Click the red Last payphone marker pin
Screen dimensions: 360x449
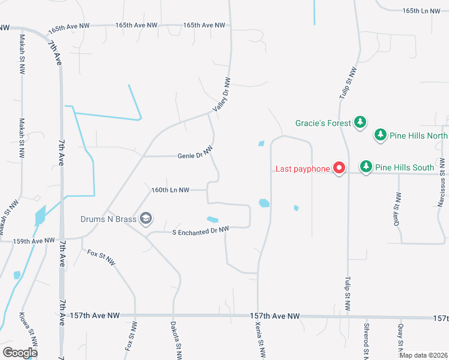click(x=339, y=169)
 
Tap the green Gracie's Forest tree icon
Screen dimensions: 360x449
click(x=360, y=123)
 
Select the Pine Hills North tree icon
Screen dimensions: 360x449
click(x=380, y=135)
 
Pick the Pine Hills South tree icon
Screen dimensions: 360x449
click(x=366, y=166)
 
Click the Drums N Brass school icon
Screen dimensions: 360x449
click(x=146, y=219)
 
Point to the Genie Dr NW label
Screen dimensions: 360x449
click(x=195, y=155)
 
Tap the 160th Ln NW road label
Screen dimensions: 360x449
click(x=170, y=190)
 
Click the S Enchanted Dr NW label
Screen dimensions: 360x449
click(x=201, y=230)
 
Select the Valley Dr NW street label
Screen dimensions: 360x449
click(x=221, y=95)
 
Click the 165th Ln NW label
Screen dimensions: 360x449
click(x=421, y=11)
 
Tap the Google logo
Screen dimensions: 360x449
click(x=20, y=353)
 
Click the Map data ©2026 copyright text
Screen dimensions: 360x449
click(x=423, y=355)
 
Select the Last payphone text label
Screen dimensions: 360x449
click(x=303, y=169)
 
